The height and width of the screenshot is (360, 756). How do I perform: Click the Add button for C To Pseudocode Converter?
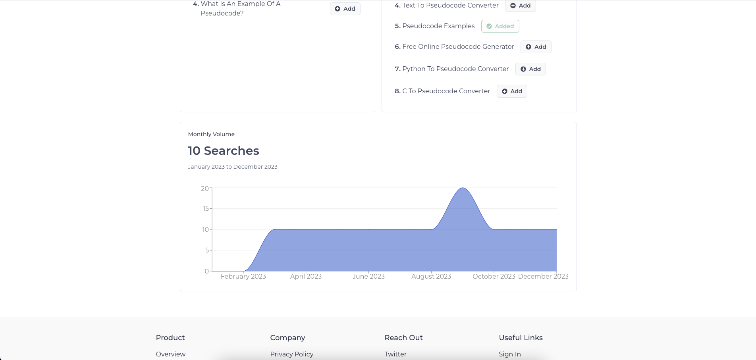(512, 91)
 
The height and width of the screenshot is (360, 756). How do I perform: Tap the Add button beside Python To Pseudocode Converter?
(530, 69)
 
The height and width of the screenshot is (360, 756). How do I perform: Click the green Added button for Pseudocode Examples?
(500, 26)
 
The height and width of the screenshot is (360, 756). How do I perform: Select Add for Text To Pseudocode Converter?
(520, 6)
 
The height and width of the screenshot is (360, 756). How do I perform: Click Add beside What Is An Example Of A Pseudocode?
(345, 9)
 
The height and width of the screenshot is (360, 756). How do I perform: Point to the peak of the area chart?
(463, 188)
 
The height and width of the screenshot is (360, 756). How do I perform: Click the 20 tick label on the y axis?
(205, 189)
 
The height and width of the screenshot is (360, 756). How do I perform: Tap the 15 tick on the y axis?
(206, 208)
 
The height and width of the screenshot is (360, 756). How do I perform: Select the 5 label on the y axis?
(207, 250)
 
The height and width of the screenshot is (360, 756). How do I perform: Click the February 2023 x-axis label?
(243, 276)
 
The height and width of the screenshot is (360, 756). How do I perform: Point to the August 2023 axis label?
(431, 276)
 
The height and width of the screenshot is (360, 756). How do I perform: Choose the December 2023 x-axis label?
(543, 276)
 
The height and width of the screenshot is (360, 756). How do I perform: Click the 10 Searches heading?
(224, 151)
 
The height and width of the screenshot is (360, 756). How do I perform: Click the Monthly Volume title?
(211, 134)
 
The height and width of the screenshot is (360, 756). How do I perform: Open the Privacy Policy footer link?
(292, 354)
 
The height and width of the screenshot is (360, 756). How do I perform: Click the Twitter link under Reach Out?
(395, 354)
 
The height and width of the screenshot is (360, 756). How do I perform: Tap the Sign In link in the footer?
(510, 354)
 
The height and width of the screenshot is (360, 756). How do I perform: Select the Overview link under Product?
(171, 354)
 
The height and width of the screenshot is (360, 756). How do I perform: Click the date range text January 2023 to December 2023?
(233, 167)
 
